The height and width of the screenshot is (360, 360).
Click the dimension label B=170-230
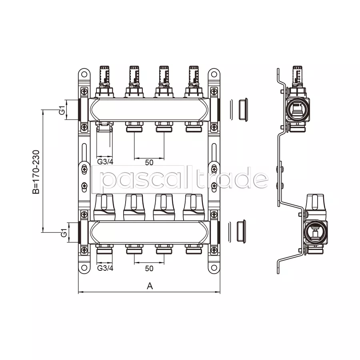click(x=36, y=172)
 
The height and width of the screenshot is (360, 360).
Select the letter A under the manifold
click(x=150, y=286)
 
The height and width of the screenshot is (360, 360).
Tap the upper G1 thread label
click(x=62, y=110)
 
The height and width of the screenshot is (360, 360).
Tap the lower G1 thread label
click(x=64, y=232)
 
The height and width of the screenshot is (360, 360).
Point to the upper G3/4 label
click(x=105, y=162)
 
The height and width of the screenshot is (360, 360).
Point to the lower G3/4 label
click(x=105, y=268)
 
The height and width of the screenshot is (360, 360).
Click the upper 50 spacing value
click(x=149, y=162)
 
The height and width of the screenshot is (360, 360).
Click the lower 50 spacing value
click(x=149, y=268)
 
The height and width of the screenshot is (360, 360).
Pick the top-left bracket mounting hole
click(x=84, y=74)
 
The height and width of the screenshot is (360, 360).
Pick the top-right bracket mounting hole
click(x=214, y=74)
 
